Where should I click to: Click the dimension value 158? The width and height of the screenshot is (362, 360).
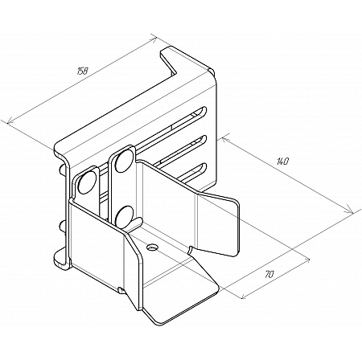83,71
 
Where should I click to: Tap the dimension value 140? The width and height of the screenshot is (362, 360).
282,162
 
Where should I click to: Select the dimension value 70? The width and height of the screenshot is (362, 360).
269,274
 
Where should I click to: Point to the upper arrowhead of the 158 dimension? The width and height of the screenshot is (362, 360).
154,40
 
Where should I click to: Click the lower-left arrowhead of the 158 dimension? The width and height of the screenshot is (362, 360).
11,121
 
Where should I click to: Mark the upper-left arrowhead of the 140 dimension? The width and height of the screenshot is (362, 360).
225,140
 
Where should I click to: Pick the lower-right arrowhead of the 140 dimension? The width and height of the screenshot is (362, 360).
349,210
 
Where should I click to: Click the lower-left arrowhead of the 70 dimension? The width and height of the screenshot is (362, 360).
245,296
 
